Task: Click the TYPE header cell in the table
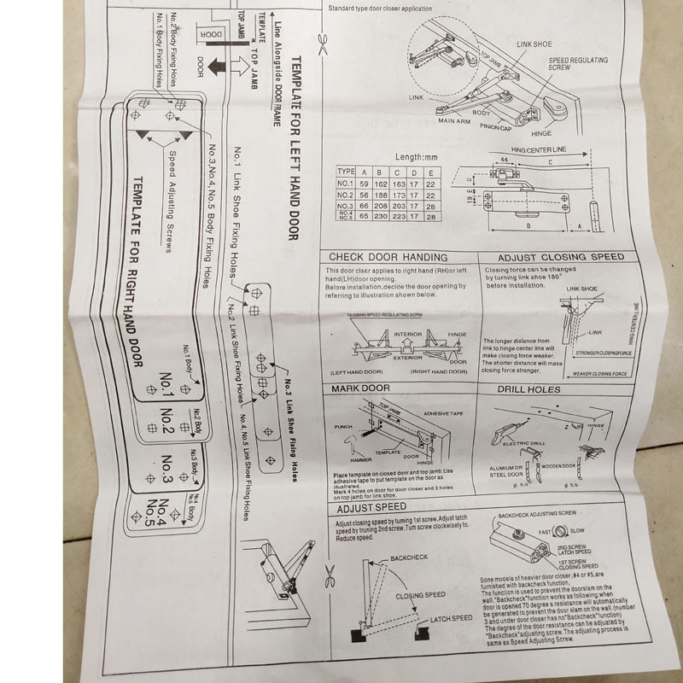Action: pos(346,171)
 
